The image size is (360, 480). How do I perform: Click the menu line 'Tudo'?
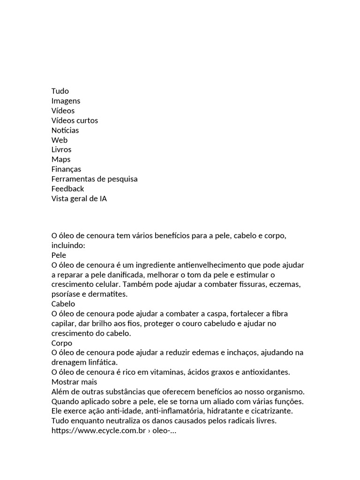pos(60,91)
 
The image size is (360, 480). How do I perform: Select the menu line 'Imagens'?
pos(66,101)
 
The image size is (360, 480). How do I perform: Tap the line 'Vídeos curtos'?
pos(75,120)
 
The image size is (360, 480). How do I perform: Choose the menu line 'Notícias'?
pos(65,130)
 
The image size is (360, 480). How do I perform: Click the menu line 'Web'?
pos(60,140)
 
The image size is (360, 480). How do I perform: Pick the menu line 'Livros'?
pos(61,150)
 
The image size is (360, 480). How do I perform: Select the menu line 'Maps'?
pos(61,159)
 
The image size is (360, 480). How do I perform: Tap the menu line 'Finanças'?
pos(66,169)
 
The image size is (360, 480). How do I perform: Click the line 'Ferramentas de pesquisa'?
pos(94,179)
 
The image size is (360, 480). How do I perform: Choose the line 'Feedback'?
pos(68,188)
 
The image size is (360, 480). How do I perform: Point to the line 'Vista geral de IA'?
pos(79,199)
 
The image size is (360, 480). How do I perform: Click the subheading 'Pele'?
pos(59,255)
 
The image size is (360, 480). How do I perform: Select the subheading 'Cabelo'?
pos(63,304)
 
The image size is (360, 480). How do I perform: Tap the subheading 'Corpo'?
pos(62,343)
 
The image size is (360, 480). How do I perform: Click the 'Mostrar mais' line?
pos(74,382)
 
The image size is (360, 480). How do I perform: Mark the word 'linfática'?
pos(104,362)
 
